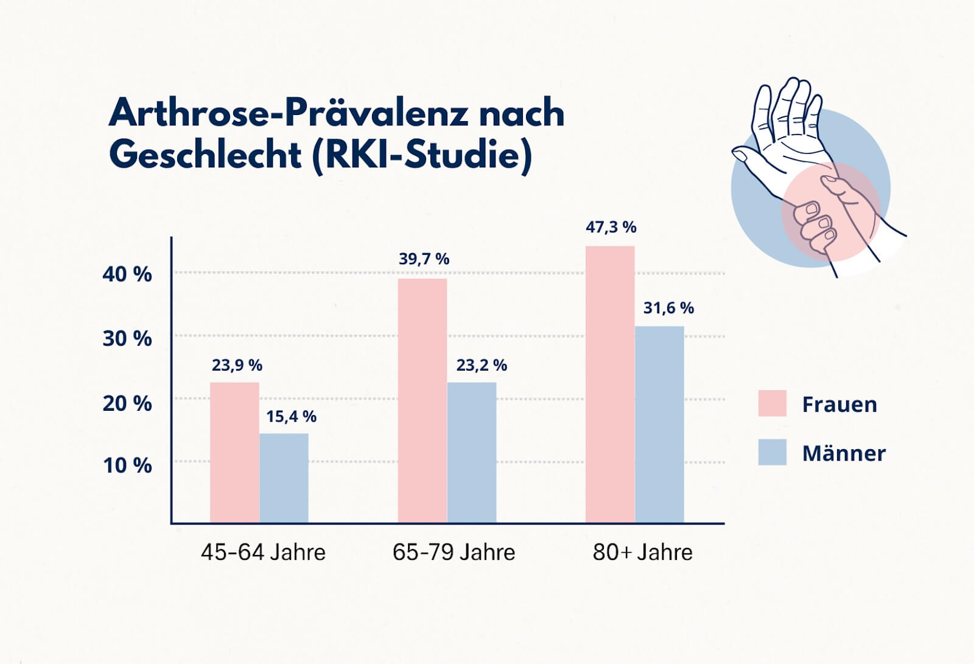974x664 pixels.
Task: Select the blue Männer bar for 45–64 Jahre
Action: [284, 478]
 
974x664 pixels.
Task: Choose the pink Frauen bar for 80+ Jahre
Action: [610, 384]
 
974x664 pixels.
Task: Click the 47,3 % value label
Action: [611, 227]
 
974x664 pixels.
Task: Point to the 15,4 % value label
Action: [291, 416]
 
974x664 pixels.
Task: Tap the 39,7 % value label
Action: [424, 259]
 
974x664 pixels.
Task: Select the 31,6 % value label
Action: [668, 308]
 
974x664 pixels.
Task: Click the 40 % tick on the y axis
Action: [127, 274]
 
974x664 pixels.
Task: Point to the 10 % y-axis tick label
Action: [127, 466]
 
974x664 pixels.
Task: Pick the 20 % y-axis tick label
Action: [127, 403]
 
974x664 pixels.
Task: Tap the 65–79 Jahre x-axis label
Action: [454, 552]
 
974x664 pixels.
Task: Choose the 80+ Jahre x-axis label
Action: [642, 552]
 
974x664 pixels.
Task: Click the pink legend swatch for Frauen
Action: [772, 404]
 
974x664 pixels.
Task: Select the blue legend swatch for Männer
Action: [772, 452]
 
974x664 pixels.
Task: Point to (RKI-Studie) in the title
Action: [422, 155]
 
